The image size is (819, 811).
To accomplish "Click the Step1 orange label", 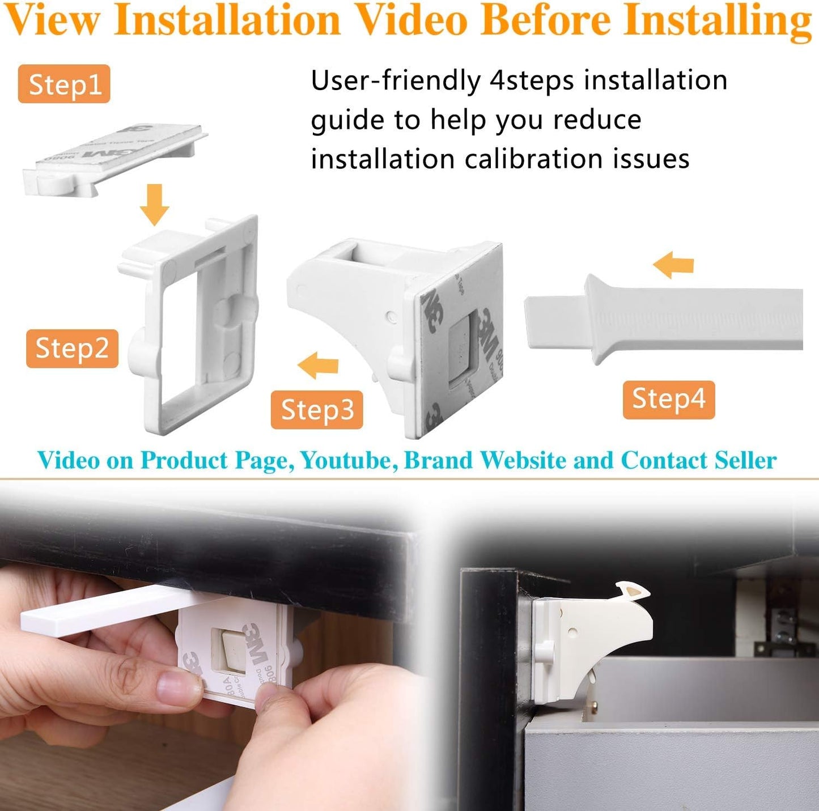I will [x=64, y=84].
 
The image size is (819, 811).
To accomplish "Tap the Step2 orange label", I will [x=72, y=348].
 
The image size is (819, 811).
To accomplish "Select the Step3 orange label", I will [x=317, y=410].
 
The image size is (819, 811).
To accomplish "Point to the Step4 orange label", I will [x=668, y=399].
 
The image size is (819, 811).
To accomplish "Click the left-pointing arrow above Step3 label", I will [x=318, y=366].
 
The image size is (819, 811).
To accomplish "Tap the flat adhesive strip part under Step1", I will [x=113, y=160].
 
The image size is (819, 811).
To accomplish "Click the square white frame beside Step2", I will [x=190, y=323].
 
